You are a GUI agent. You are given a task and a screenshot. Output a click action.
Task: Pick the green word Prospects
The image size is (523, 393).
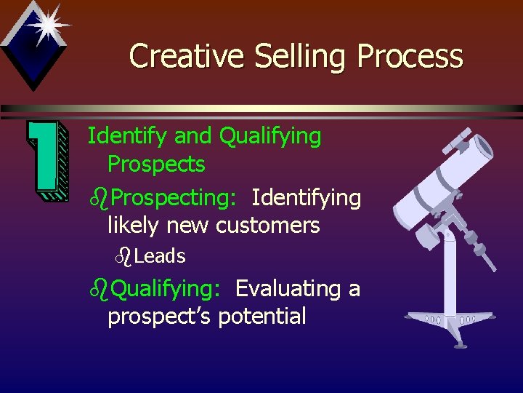156,164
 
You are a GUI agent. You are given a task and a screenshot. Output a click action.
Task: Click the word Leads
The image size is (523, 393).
160,256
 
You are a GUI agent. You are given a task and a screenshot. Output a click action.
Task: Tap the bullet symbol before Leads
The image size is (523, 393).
124,255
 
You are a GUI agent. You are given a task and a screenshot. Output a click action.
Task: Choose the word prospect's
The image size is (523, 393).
160,317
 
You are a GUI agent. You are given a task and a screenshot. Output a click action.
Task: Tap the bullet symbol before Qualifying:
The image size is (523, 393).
99,288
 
